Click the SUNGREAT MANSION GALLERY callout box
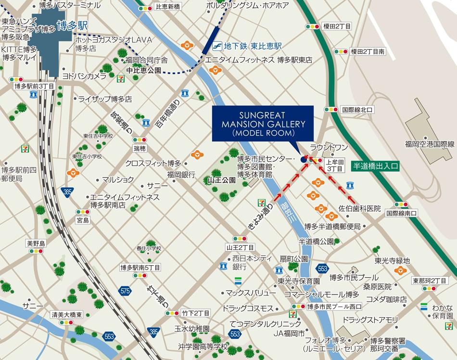[262, 124]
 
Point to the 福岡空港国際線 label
[430, 144]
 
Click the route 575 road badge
[126, 291]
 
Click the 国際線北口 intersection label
[357, 110]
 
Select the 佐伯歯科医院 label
[359, 209]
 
